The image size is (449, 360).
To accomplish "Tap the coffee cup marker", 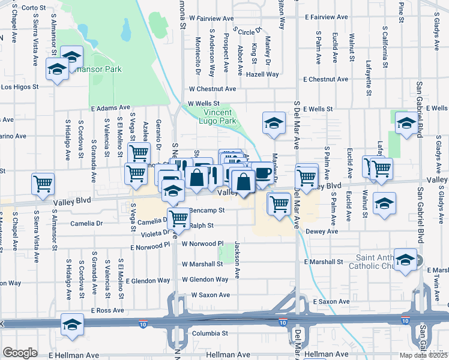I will [x=261, y=172].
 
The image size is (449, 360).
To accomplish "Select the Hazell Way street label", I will [x=265, y=74].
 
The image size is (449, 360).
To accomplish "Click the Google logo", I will [x=20, y=353].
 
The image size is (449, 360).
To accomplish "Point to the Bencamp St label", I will [x=206, y=211].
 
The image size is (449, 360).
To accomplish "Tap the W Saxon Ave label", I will [x=211, y=295].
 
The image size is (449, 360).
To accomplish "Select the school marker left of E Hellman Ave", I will [x=72, y=325].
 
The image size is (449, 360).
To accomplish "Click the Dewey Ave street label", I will [x=322, y=230].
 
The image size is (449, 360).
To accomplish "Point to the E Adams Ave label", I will [x=110, y=108].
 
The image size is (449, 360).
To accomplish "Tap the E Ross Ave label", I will [x=108, y=310].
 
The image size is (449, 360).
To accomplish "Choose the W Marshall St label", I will [x=206, y=264].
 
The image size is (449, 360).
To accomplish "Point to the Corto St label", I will [x=34, y=8].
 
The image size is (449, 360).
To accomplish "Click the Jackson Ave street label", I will [x=238, y=260].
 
